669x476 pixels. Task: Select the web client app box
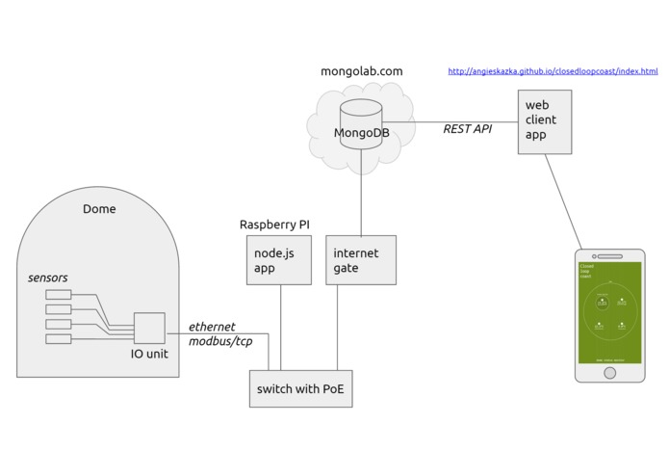pos(544,120)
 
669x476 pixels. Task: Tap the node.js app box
pos(279,260)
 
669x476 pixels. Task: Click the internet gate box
pos(361,260)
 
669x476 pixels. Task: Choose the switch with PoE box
pos(300,389)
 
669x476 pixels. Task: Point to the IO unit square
pos(149,329)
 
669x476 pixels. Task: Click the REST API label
pos(467,129)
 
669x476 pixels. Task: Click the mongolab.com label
pos(361,71)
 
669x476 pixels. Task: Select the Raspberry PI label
pos(274,225)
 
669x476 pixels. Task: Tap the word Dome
pos(99,209)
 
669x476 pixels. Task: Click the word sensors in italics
pos(48,278)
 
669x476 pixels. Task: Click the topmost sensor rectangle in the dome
pos(59,295)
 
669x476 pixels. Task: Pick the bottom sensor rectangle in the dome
pos(59,339)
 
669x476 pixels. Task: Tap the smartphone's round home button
pos(609,372)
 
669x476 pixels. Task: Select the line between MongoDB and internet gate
pos(361,198)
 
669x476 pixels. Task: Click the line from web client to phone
pos(563,198)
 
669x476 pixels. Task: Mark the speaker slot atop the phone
pos(609,253)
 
